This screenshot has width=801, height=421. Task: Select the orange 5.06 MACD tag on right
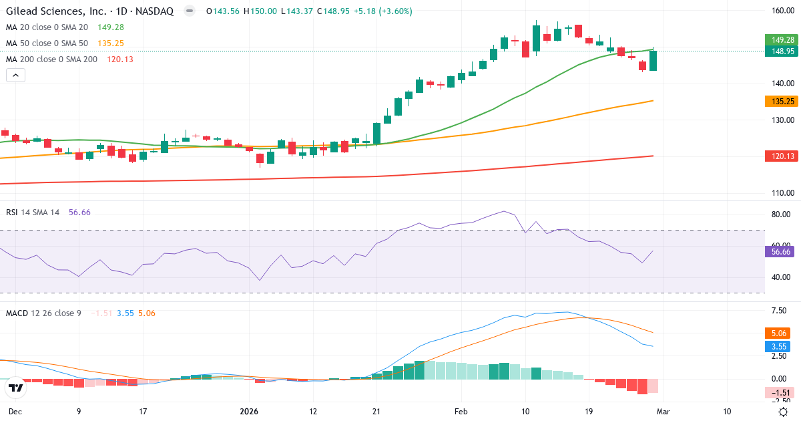[778, 332]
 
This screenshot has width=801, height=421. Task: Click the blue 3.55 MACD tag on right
[778, 347]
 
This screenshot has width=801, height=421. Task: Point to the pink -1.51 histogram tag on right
[778, 393]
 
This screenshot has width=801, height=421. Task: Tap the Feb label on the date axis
[461, 411]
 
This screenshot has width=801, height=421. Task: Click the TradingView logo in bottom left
[16, 388]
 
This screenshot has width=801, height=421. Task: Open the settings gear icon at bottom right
[784, 412]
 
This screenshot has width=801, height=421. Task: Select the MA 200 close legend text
[51, 59]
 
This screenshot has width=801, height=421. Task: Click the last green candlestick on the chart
[653, 60]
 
